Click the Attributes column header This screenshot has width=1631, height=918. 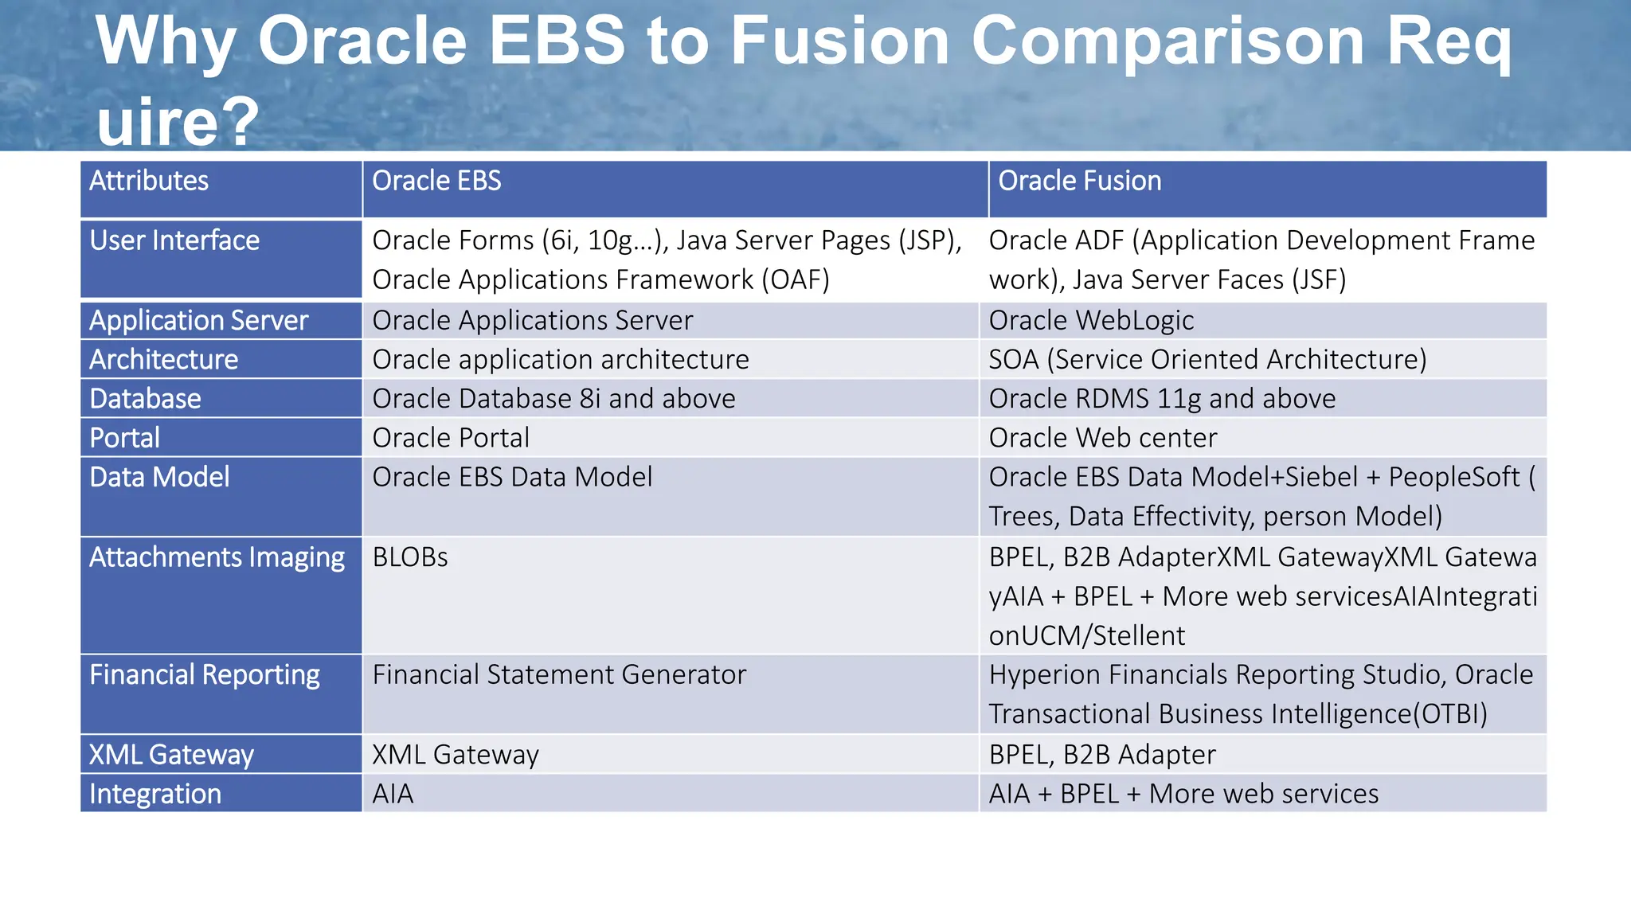click(x=149, y=182)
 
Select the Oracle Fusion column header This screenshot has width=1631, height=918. click(x=1079, y=182)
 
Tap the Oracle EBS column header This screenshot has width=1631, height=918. click(x=436, y=182)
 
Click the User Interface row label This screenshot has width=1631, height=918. click(x=174, y=241)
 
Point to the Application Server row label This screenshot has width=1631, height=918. click(x=198, y=321)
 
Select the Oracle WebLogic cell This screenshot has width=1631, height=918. click(x=1091, y=321)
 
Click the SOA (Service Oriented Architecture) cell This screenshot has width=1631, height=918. click(x=1207, y=360)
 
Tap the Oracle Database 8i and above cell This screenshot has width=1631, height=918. click(x=553, y=399)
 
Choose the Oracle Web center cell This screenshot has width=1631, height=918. click(x=1103, y=438)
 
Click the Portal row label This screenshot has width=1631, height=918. click(x=125, y=438)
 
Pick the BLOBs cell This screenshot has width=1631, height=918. click(x=410, y=557)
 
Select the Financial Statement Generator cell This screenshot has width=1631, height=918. click(x=559, y=675)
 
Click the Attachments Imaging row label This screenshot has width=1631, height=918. click(x=217, y=557)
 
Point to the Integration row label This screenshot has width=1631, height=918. click(x=155, y=794)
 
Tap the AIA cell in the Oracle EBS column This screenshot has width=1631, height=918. click(x=393, y=794)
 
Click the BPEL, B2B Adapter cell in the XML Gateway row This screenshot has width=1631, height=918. click(x=1102, y=755)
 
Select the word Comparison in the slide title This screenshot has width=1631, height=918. click(x=1168, y=41)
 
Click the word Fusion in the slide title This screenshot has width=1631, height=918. click(x=839, y=41)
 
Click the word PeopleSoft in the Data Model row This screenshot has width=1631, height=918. click(x=1454, y=477)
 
